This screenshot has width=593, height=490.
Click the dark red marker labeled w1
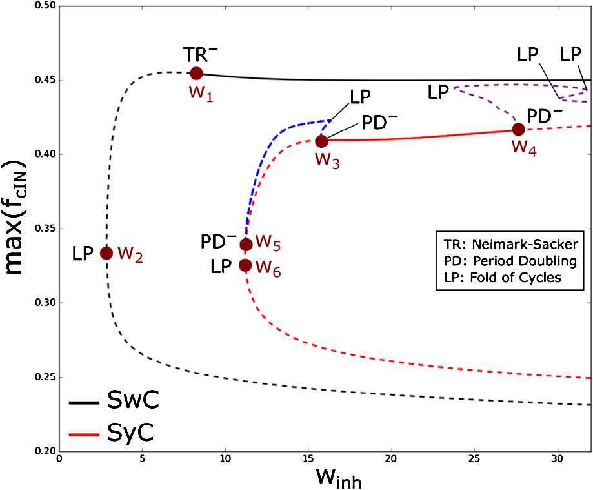[196, 74]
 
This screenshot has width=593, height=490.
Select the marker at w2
[106, 253]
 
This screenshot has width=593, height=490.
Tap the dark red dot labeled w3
[321, 141]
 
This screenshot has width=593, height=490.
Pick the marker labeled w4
[518, 129]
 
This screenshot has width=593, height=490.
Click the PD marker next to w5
[246, 244]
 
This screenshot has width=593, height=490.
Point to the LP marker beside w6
[245, 265]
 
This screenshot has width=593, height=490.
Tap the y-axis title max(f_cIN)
[19, 230]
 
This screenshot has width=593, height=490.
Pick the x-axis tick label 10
[225, 460]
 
